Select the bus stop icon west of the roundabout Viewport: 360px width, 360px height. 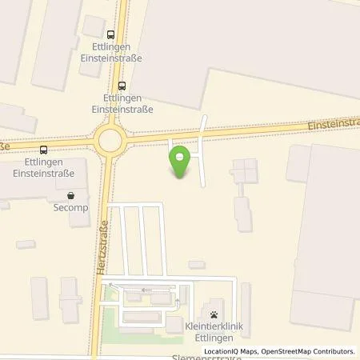(42, 149)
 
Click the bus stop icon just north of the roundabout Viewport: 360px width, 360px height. (121, 86)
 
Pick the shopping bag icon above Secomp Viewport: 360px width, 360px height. (71, 194)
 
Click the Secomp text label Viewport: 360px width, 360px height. (71, 206)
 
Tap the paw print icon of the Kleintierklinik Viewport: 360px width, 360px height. (214, 313)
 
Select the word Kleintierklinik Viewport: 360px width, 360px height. (214, 325)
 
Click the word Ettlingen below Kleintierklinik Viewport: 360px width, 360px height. (214, 335)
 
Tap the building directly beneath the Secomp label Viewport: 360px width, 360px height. (78, 218)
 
